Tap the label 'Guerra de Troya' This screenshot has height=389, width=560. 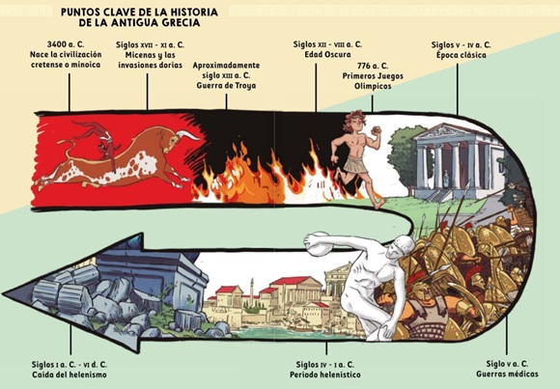pyautogui.click(x=226, y=86)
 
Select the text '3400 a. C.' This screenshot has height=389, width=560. pyautogui.click(x=66, y=44)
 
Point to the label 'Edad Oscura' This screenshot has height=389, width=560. pyautogui.click(x=327, y=55)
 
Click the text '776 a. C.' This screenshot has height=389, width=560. pyautogui.click(x=372, y=66)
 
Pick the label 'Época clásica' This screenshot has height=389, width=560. pyautogui.click(x=462, y=55)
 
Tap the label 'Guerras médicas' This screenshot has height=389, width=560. pyautogui.click(x=507, y=374)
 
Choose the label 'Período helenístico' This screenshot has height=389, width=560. pyautogui.click(x=325, y=375)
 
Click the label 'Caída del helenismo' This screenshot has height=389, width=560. pyautogui.click(x=70, y=375)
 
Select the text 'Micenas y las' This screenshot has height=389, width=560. pyautogui.click(x=150, y=55)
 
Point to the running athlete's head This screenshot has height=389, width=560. pyautogui.click(x=354, y=122)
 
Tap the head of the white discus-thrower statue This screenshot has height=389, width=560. pyautogui.click(x=403, y=245)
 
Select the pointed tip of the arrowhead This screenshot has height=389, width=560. pyautogui.click(x=3, y=293)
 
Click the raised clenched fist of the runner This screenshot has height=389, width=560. pyautogui.click(x=377, y=130)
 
